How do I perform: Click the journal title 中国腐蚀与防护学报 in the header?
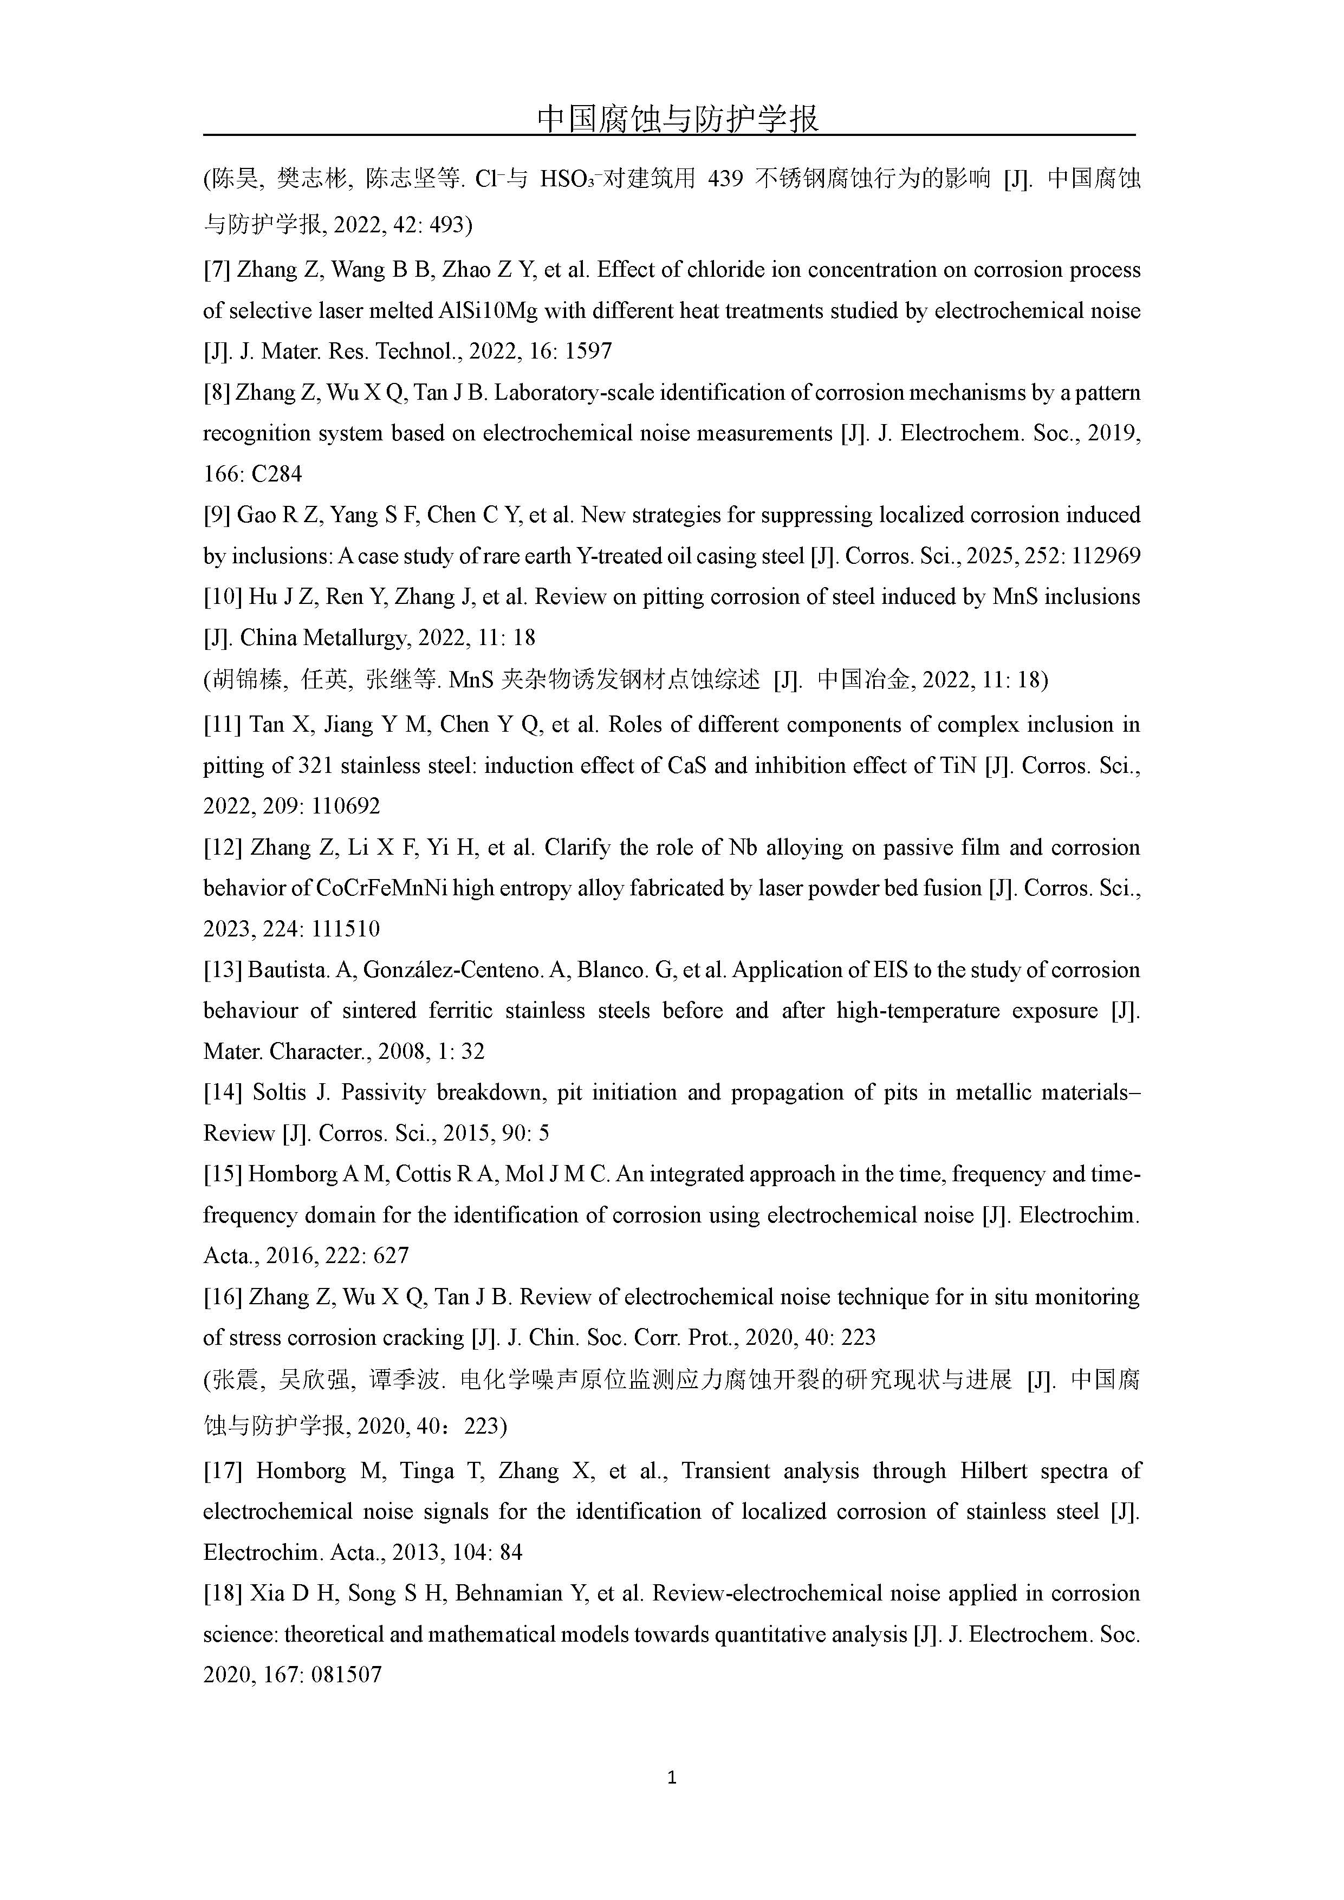[x=677, y=118]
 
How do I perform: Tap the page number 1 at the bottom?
[x=671, y=1777]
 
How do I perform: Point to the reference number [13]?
[x=223, y=970]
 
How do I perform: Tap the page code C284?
[x=276, y=474]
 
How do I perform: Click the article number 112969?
[x=1106, y=556]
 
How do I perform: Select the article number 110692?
[x=346, y=806]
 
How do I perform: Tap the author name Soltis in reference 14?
[x=280, y=1092]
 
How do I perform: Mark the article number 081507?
[x=346, y=1675]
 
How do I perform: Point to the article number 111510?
[x=346, y=929]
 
